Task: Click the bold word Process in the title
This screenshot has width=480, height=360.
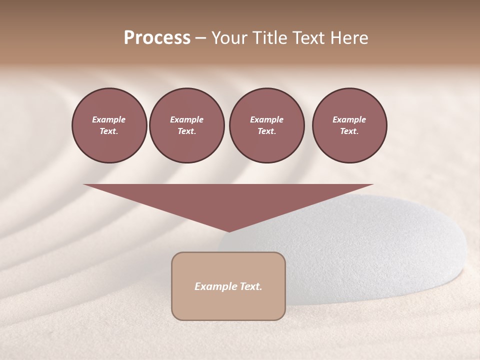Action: click(157, 38)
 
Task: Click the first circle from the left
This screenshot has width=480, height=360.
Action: click(109, 125)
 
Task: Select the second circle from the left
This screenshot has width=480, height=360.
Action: click(186, 125)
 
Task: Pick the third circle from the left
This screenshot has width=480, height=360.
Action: click(266, 125)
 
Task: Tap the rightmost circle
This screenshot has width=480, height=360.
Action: click(349, 125)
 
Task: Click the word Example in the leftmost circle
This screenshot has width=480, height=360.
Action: click(109, 119)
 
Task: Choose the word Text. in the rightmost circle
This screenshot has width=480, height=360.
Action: click(349, 131)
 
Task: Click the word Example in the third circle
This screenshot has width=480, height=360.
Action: click(266, 119)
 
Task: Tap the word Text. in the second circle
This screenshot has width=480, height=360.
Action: click(186, 131)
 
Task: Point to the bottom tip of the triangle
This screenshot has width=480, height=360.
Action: click(229, 231)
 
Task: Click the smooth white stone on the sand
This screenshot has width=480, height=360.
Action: click(360, 245)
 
